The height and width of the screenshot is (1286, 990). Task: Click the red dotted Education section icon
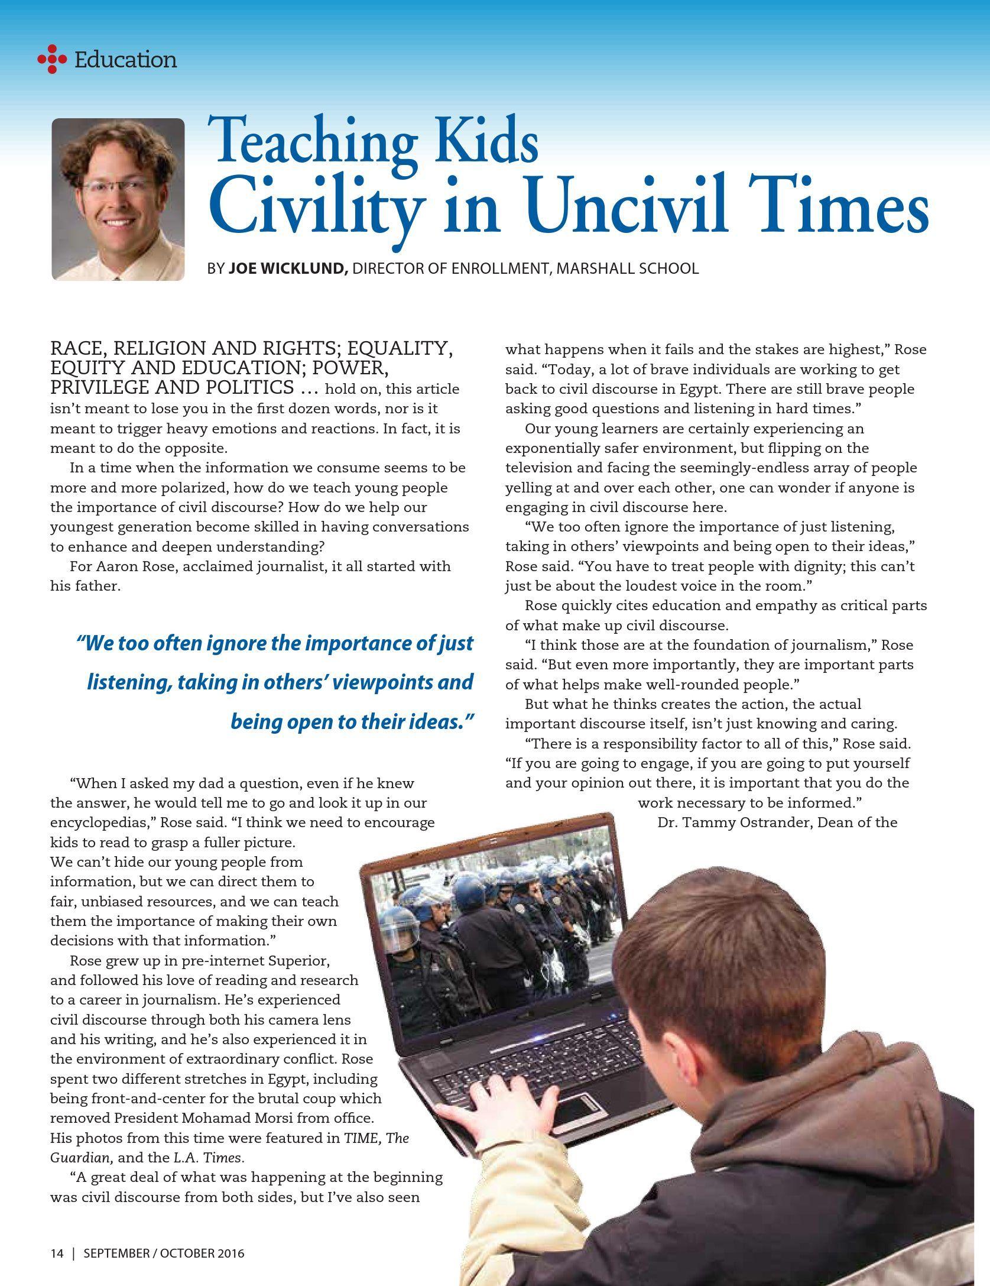(x=52, y=59)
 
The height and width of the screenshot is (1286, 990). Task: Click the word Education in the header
(x=125, y=60)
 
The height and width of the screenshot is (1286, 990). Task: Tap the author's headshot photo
(x=118, y=199)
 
